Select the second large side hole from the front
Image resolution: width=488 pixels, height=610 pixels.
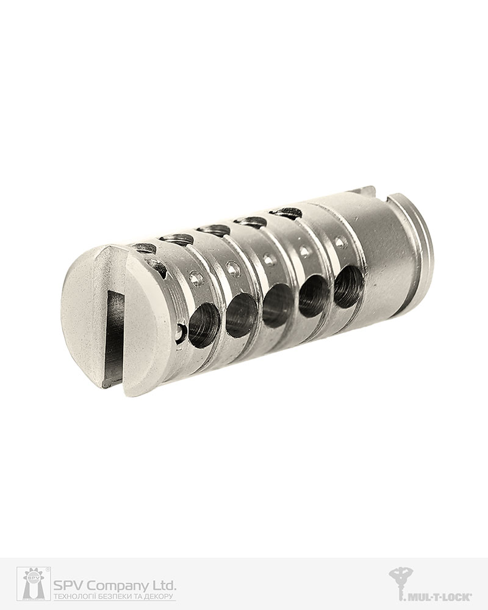pos(241,315)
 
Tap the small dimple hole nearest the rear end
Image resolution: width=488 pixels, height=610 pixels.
pos(341,242)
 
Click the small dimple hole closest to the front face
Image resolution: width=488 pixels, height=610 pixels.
pos(196,278)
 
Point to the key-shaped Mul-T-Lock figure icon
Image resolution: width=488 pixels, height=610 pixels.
pos(401,583)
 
